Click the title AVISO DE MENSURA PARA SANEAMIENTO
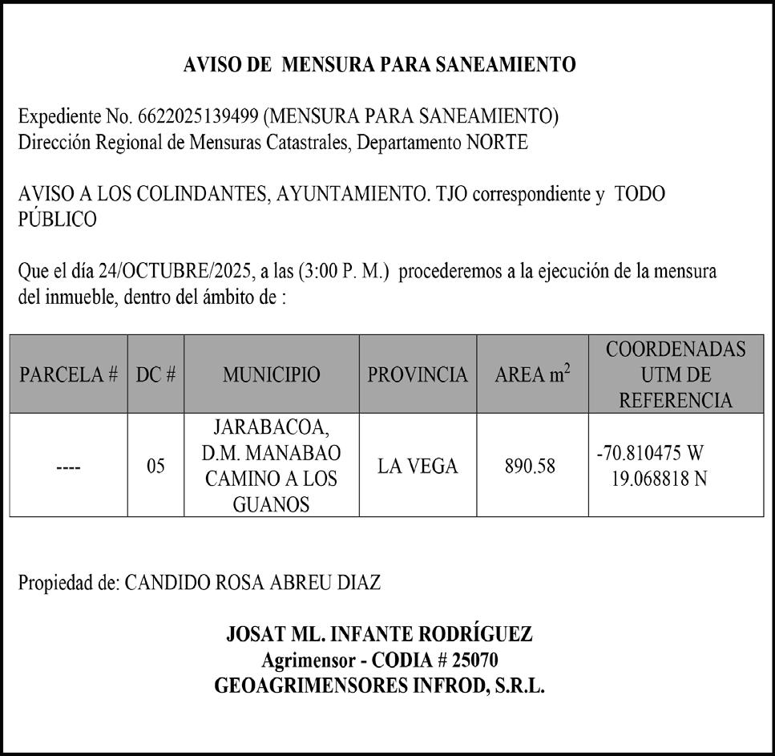click(379, 66)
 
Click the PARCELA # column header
click(69, 375)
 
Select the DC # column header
click(155, 375)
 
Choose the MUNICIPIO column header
click(271, 375)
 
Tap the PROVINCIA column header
click(418, 375)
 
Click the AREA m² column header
click(532, 374)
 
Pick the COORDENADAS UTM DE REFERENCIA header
click(675, 375)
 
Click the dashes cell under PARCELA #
click(69, 466)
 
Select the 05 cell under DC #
click(155, 466)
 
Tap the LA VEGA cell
click(418, 466)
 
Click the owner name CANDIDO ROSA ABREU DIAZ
click(252, 583)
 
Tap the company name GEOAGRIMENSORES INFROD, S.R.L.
click(379, 686)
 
